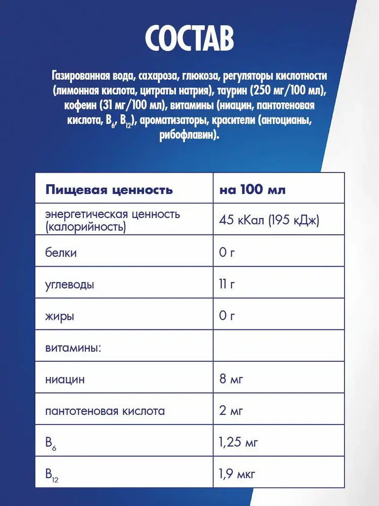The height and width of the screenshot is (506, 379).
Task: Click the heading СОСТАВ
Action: click(x=189, y=38)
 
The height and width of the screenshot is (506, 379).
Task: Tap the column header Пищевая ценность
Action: click(x=109, y=190)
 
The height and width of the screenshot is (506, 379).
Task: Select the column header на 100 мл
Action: click(x=252, y=190)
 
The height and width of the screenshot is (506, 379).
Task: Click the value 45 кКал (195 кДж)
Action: click(x=269, y=221)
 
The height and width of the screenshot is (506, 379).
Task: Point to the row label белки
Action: click(x=61, y=252)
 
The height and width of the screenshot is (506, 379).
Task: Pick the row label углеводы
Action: click(x=69, y=285)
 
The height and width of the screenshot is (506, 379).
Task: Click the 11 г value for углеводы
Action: click(x=227, y=285)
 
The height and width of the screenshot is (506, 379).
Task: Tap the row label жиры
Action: click(x=60, y=317)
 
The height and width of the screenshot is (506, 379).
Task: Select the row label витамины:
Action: click(x=73, y=349)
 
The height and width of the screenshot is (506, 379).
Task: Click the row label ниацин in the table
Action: click(x=65, y=379)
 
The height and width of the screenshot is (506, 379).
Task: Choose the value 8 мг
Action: click(x=230, y=379)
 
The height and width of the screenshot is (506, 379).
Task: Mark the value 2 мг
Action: click(x=230, y=411)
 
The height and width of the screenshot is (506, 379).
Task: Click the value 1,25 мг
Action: click(x=239, y=443)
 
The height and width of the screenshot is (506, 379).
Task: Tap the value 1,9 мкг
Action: click(x=237, y=474)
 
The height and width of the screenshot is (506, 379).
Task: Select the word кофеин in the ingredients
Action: click(x=83, y=106)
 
